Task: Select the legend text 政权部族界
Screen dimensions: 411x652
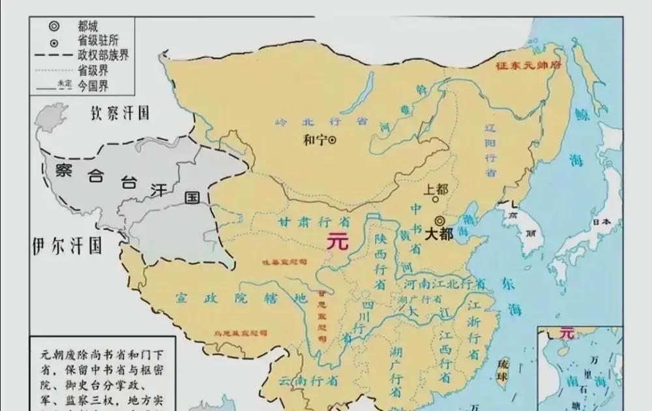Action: coord(103,54)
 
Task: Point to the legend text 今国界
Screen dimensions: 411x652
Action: coord(94,84)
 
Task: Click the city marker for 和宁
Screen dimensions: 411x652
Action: coord(332,140)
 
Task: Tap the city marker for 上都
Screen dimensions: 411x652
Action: coord(436,200)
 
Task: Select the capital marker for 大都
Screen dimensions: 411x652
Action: coord(440,221)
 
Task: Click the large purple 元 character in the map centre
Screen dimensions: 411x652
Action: coord(338,241)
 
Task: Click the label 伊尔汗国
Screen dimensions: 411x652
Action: coord(67,246)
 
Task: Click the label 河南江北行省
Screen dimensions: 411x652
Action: coord(445,284)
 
